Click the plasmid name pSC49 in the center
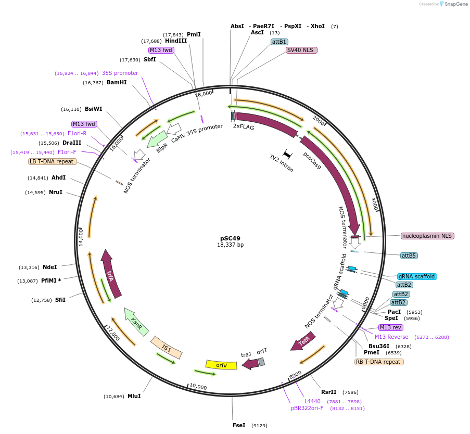[230, 238]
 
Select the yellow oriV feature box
[222, 365]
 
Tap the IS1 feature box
[167, 347]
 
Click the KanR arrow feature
[136, 321]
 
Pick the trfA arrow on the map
[111, 274]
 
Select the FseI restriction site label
[239, 425]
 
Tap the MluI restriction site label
[134, 396]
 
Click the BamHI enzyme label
[117, 82]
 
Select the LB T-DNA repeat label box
[53, 161]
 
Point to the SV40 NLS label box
[302, 50]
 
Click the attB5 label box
[409, 256]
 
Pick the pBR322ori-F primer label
[307, 409]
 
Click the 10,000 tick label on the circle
[198, 387]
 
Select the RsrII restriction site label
[329, 392]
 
